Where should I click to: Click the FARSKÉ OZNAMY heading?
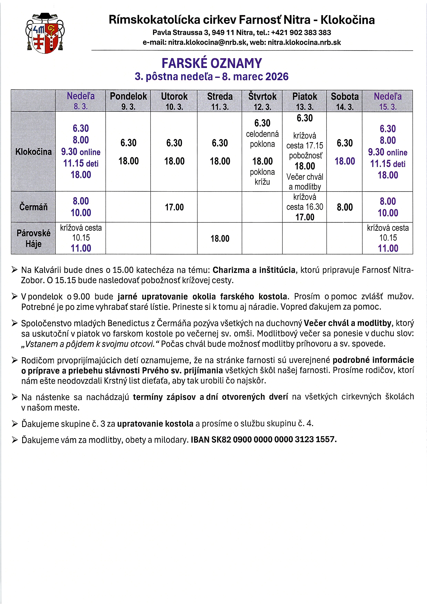point(212,63)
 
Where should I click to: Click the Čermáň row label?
point(33,207)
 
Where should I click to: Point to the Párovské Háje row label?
point(33,238)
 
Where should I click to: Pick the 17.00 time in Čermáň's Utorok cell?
point(174,207)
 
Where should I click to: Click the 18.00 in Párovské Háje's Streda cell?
point(220,239)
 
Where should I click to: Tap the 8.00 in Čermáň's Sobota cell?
point(345,207)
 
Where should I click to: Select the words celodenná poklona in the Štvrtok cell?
point(262,139)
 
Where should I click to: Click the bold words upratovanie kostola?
point(155,424)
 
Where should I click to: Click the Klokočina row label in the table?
point(33,152)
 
